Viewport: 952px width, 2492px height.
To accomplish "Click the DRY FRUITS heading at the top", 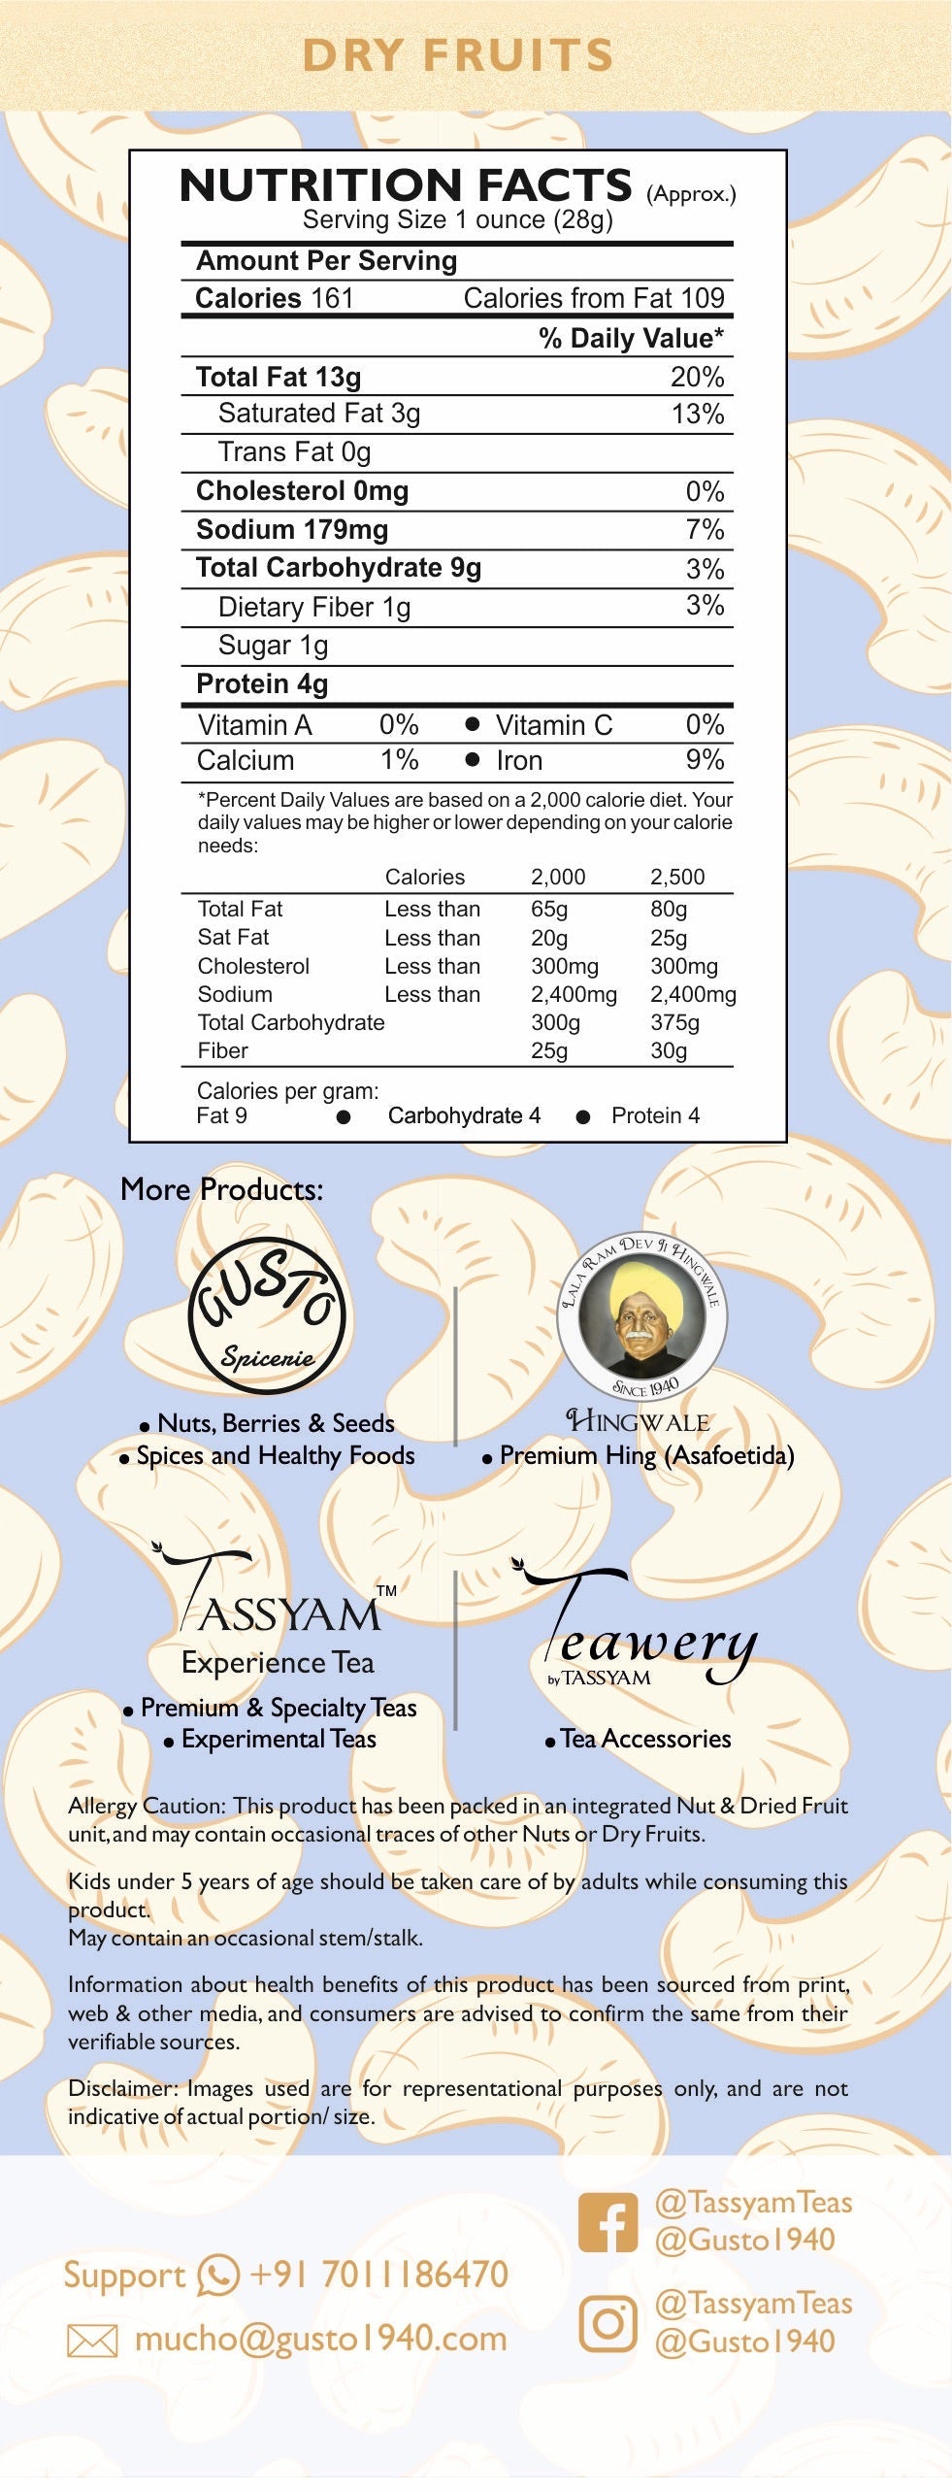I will [458, 54].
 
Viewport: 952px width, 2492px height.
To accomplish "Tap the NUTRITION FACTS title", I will [406, 185].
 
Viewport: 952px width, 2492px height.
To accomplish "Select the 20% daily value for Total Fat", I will [697, 377].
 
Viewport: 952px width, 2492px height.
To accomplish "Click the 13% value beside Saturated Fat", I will [697, 414].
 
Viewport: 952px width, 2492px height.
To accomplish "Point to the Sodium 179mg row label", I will [292, 529].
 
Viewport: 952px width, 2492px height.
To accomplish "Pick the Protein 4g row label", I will [262, 683].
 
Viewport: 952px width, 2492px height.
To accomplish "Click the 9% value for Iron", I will [705, 760].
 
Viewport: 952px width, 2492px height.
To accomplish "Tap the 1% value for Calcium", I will [399, 760].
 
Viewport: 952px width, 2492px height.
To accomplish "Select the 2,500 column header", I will [676, 877].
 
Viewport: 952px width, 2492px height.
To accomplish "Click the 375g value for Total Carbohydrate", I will [674, 1022].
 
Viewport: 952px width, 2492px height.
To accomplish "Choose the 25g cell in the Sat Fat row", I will [668, 938].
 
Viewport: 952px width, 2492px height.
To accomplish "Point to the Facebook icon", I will [608, 2222].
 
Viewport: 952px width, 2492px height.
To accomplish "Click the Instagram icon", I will [608, 2323].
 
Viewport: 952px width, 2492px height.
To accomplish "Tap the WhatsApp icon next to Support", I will [218, 2275].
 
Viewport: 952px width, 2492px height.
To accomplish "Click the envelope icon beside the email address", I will [92, 2341].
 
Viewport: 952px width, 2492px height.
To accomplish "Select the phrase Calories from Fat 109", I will [593, 298].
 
